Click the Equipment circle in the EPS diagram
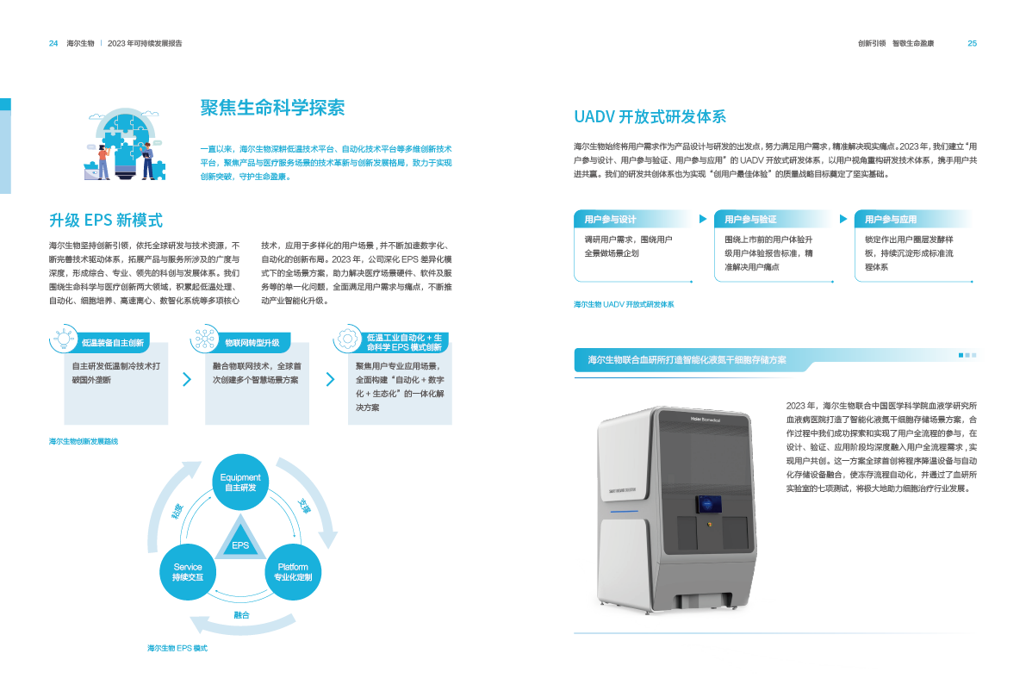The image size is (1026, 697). pos(240,482)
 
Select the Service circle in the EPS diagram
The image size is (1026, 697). pos(188,571)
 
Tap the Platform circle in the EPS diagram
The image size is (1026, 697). pos(293,571)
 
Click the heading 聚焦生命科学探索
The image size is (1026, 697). pos(272,108)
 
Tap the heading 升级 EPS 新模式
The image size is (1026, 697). pos(106,220)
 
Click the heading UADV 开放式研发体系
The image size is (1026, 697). pos(650,117)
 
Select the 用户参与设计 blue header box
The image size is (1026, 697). pos(633,220)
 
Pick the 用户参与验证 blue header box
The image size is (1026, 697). pos(774,220)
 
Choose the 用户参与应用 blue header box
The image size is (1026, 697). pos(913,220)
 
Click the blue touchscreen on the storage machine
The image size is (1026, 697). pos(709,501)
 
